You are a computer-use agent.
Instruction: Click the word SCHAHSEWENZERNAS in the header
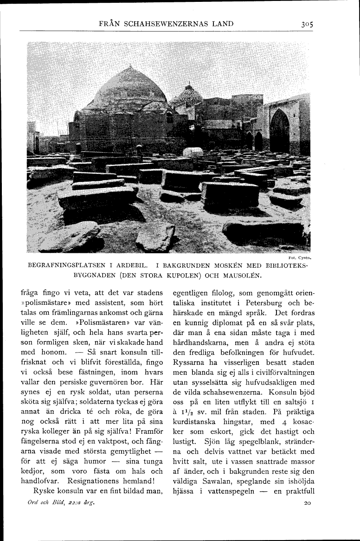click(163, 24)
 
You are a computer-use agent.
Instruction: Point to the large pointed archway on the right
click(279, 131)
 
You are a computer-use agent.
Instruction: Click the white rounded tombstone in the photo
click(192, 152)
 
